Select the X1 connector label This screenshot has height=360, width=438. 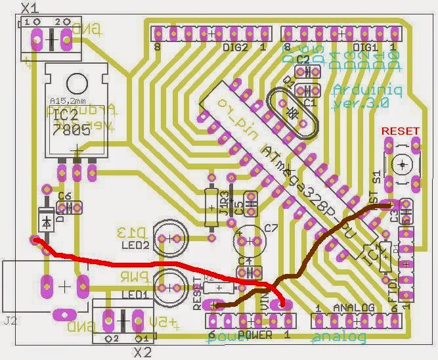[30, 8]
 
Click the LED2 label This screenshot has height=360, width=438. [135, 245]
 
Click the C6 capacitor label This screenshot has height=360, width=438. [64, 196]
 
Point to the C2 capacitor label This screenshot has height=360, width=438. [303, 59]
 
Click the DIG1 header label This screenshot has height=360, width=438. [366, 48]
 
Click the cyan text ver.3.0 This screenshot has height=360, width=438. [361, 103]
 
